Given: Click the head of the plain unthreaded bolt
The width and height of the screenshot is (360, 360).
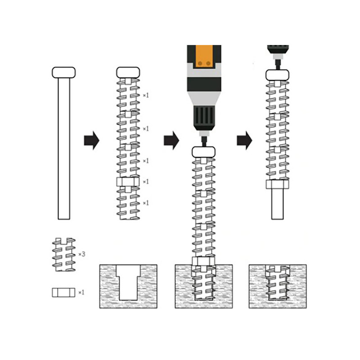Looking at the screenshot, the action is pos(63,72).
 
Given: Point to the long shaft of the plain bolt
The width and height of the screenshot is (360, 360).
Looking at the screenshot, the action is pos(64,149).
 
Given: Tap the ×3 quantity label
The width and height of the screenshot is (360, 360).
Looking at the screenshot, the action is pos(82,254).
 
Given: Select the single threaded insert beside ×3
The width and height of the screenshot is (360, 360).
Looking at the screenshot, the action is pos(63,255).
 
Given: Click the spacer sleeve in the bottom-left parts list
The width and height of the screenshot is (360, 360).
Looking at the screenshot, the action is pos(63,292).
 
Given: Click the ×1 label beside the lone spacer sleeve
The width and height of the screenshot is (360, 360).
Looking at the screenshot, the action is pos(81,292).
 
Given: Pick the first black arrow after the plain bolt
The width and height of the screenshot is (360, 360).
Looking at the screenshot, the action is pos(92,140).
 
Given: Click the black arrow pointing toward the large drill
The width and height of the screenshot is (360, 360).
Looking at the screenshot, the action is pos(171,140).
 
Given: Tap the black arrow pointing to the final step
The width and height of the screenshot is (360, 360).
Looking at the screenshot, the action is pos(244,140).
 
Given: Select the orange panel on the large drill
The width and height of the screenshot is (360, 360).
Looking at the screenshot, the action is pos(204,57).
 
